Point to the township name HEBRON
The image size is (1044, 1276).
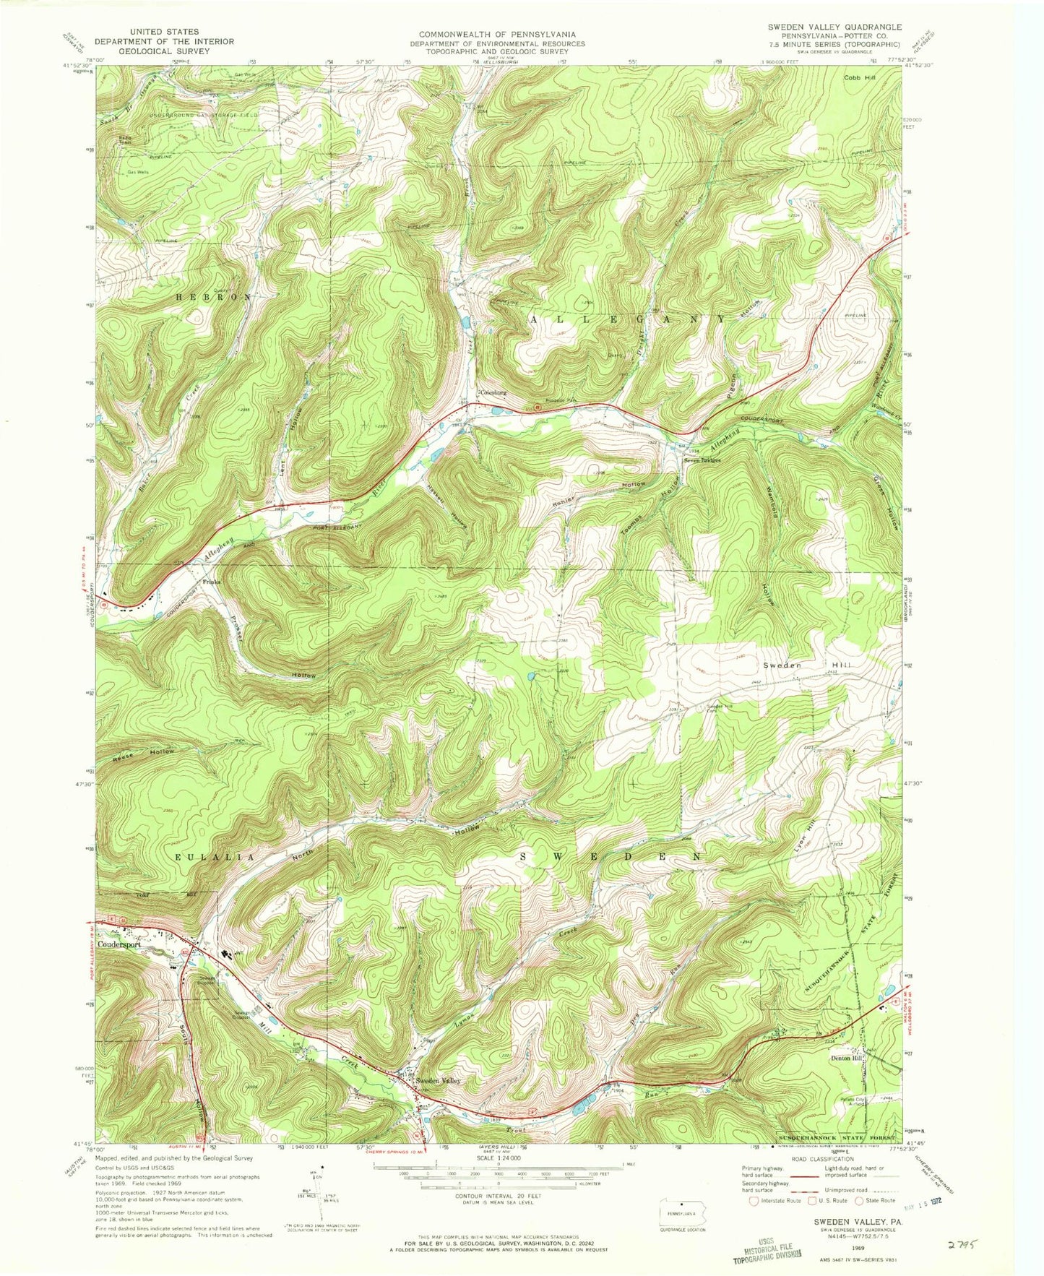point(215,297)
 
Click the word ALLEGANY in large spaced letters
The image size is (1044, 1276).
point(629,319)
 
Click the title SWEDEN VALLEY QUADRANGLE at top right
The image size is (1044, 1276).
point(823,27)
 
